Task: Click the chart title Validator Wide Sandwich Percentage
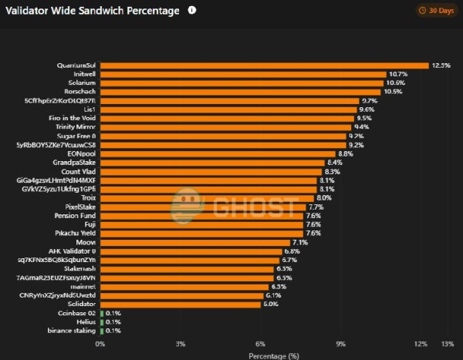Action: point(93,11)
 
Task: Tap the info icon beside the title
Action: point(192,11)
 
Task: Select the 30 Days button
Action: point(437,11)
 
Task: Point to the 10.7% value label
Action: point(397,74)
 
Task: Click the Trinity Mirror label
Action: point(75,126)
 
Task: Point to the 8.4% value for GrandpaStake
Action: point(334,163)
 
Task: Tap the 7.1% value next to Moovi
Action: point(300,242)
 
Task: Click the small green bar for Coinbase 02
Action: point(101,313)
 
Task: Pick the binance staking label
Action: point(72,331)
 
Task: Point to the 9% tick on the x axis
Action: point(341,343)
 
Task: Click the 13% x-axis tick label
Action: point(447,343)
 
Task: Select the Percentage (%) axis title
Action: point(273,355)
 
